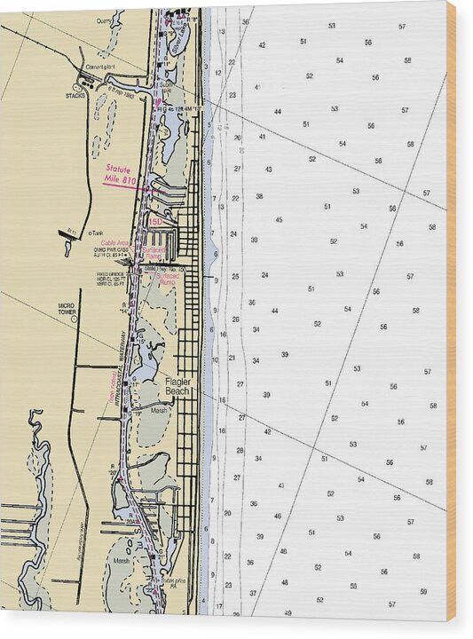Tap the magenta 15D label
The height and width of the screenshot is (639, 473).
[155, 221]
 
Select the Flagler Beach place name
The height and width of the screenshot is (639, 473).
[177, 385]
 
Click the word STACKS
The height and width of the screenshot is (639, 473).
[75, 95]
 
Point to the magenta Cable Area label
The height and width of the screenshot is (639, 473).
[115, 242]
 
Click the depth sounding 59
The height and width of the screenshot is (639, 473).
[422, 591]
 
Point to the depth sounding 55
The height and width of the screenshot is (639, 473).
[353, 586]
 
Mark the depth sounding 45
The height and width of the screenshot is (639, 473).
[279, 219]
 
